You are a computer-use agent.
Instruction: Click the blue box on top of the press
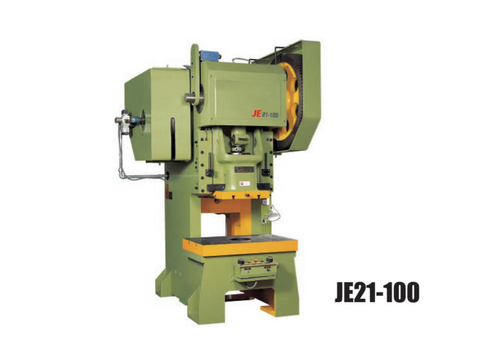coord(211,56)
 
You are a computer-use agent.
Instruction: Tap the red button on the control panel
coord(255,261)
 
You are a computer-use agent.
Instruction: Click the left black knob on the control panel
coord(242,262)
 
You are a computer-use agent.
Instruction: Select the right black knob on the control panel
coord(269,260)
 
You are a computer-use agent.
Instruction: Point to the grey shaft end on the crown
coord(191,96)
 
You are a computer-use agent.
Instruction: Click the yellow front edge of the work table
coord(240,247)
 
